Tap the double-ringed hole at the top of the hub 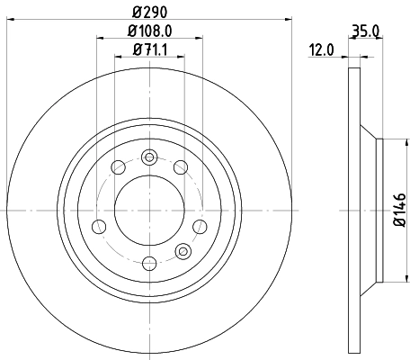click(x=150, y=154)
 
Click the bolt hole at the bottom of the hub click(x=150, y=262)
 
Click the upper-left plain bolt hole click(x=118, y=165)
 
